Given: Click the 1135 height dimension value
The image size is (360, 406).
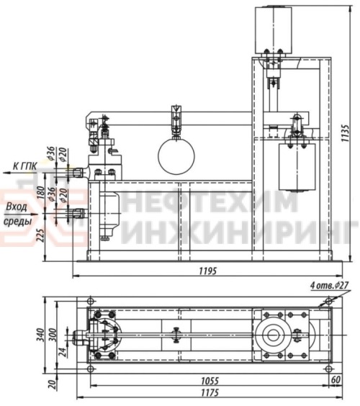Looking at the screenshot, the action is coord(346,133).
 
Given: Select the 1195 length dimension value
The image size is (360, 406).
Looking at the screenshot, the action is coord(207,271).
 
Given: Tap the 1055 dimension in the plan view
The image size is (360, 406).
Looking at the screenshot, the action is coord(210,381).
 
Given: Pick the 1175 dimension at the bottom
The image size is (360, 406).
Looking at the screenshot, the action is coord(210,393).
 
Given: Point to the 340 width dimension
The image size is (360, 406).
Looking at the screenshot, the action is coord(40,335).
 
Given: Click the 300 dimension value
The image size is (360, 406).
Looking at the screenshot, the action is coord(52,335).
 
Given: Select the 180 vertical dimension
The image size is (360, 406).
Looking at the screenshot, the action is coord(40,191).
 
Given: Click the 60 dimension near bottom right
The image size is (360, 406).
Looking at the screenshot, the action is coord(336,380).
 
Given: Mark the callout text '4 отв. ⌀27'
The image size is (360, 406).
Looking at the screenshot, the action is coord(329,286).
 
